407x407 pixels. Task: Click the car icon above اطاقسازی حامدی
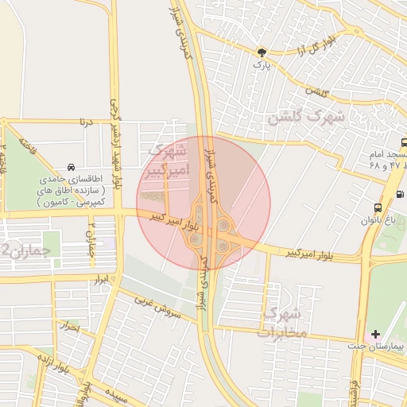72,168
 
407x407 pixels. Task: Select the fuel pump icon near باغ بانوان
399,194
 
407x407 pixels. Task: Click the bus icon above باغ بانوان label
375,208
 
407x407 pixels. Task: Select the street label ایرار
100,281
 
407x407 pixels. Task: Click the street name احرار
71,326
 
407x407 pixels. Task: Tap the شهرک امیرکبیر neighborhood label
167,160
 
